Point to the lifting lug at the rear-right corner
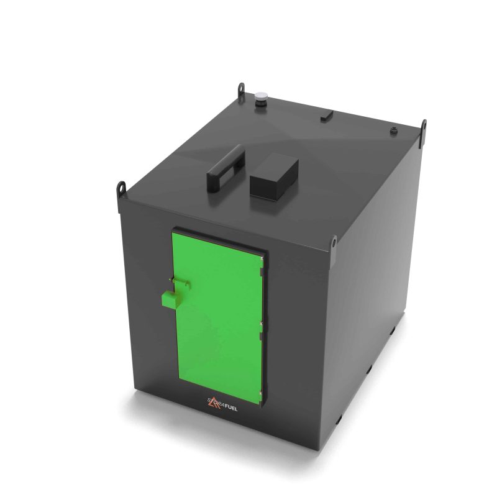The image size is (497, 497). (424, 125)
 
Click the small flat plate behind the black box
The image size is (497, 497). (327, 116)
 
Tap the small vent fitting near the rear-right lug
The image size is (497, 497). (393, 129)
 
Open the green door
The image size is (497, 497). (217, 323)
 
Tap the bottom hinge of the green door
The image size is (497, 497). (261, 393)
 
